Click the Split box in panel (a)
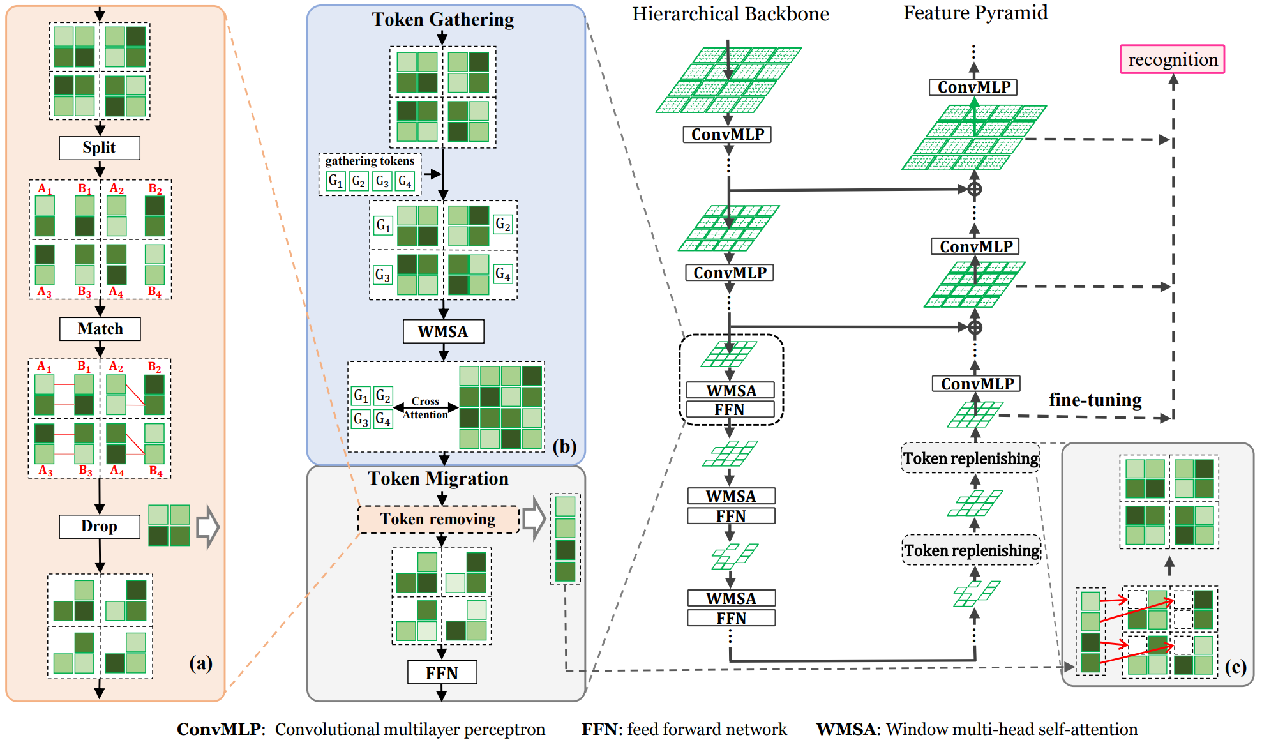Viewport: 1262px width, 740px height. (100, 147)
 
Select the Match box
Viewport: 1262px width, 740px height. (100, 329)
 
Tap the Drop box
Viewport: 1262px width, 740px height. (100, 526)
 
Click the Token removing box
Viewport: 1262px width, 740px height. (438, 519)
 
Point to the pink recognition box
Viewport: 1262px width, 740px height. (1172, 59)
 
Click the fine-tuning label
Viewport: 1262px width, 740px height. (1095, 400)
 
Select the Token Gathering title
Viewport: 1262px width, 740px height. (443, 20)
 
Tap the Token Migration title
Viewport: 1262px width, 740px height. (438, 479)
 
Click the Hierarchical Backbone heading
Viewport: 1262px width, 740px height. (730, 14)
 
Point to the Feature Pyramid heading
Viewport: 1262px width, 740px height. (975, 13)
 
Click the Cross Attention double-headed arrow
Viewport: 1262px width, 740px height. (426, 407)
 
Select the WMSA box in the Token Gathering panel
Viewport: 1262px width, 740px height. (443, 331)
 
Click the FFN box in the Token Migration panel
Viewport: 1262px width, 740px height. (442, 672)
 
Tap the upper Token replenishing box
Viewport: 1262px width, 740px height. (970, 458)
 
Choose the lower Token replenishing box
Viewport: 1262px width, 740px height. (972, 550)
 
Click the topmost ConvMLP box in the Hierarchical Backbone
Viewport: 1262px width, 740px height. (727, 135)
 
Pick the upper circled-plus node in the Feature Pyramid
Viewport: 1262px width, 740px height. (974, 189)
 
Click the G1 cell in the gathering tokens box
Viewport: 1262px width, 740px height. (335, 181)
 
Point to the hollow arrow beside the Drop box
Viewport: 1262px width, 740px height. (207, 527)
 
